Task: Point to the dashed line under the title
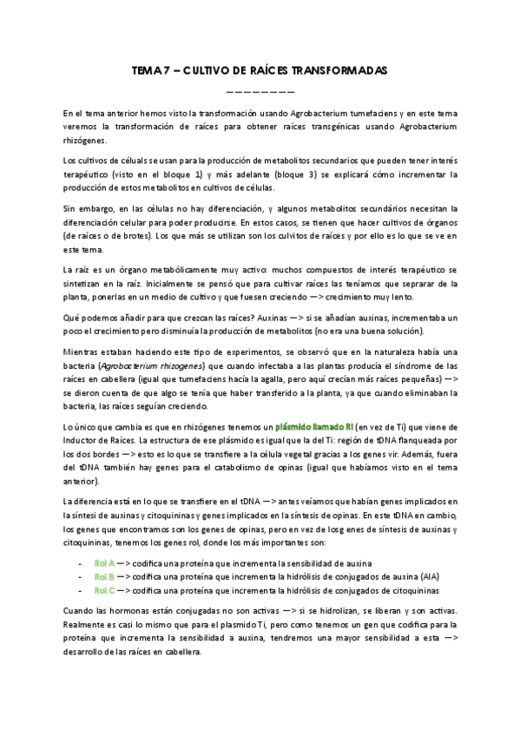(x=260, y=90)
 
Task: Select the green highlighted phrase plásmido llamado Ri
(x=313, y=427)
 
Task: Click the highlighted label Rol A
(x=104, y=562)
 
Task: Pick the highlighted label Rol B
(x=104, y=576)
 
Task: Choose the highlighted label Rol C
(x=104, y=590)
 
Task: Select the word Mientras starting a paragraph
(x=81, y=352)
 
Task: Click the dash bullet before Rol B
(x=80, y=576)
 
